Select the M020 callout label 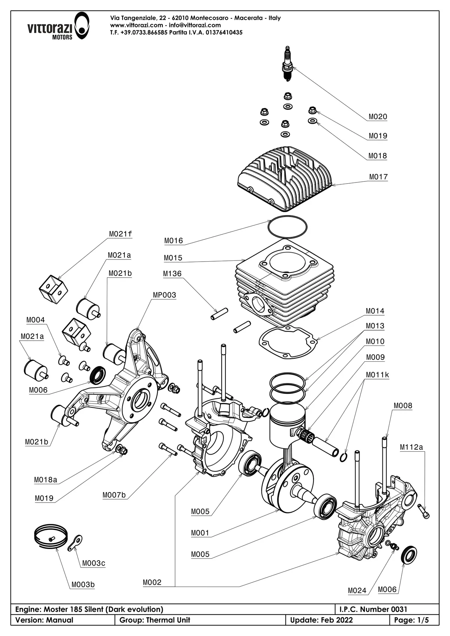tap(378, 117)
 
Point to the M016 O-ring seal tap(288, 227)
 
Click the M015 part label tap(173, 258)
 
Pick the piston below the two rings tap(287, 424)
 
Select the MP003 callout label tap(164, 295)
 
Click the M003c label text tap(93, 563)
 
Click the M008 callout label tap(403, 406)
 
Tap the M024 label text tap(357, 591)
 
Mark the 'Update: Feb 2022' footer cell tap(321, 620)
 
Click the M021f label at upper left tap(120, 234)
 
